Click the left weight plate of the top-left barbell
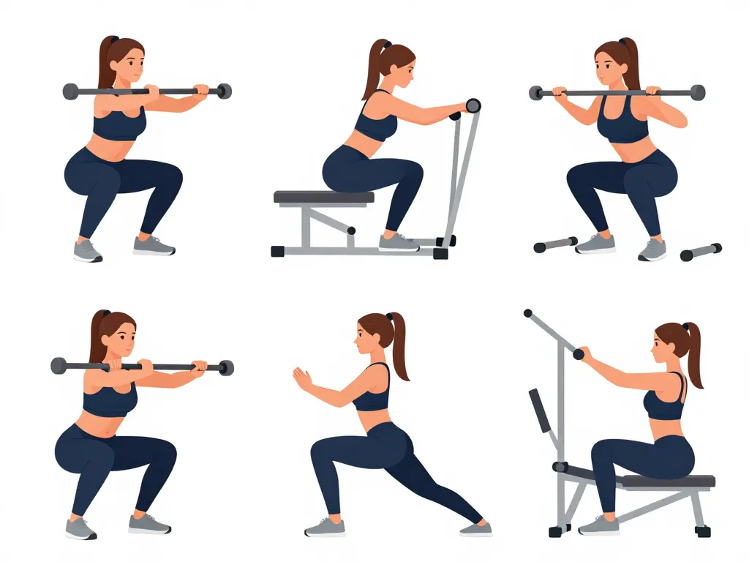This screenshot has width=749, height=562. pyautogui.click(x=71, y=91)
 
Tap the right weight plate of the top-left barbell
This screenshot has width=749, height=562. pyautogui.click(x=224, y=91)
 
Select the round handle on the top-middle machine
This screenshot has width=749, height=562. pyautogui.click(x=473, y=106)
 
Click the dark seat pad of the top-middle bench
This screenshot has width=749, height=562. pyautogui.click(x=323, y=197)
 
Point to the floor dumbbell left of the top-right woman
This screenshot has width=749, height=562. pyautogui.click(x=555, y=244)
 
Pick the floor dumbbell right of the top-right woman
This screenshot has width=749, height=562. pyautogui.click(x=701, y=252)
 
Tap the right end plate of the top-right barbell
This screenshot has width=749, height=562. pyautogui.click(x=697, y=92)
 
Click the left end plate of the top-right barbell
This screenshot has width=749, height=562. pyautogui.click(x=536, y=93)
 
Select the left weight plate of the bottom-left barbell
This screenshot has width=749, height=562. pyautogui.click(x=59, y=366)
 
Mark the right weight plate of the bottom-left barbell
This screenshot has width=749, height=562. pyautogui.click(x=226, y=367)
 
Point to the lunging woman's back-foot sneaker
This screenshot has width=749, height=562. pyautogui.click(x=475, y=528)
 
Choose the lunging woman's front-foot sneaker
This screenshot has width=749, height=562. pyautogui.click(x=325, y=527)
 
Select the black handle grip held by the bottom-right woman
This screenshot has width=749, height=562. pyautogui.click(x=579, y=355)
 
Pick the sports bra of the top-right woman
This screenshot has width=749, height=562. pyautogui.click(x=622, y=124)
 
